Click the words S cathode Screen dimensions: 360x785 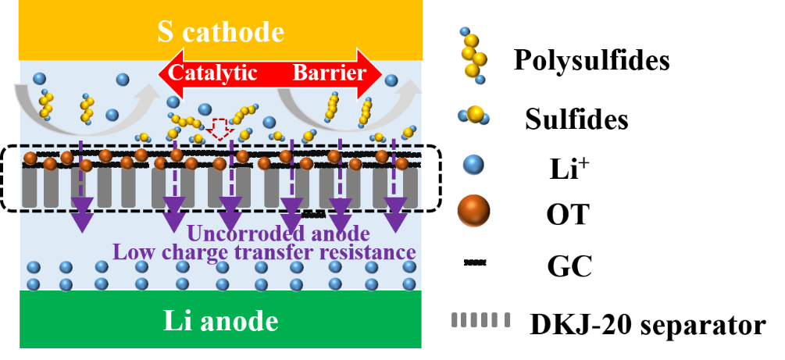coord(220,32)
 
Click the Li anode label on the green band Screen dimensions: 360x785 coord(220,321)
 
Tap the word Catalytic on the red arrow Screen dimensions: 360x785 coord(212,73)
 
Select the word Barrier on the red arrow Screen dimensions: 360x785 coord(329,73)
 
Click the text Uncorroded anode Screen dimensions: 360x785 coord(277,233)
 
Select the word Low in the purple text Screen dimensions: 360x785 coord(130,251)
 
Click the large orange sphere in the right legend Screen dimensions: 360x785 coord(473,210)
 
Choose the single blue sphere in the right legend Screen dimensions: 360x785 coord(473,165)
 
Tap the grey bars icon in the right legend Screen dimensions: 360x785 coord(481,320)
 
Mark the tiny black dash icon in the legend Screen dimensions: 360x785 coord(475,263)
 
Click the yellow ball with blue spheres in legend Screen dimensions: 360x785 coord(474,116)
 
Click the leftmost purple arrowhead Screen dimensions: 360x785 coord(82,218)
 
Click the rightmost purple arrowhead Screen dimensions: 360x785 coord(395,218)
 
